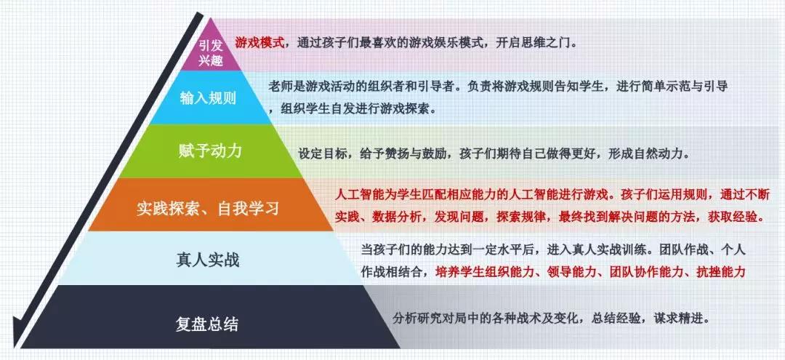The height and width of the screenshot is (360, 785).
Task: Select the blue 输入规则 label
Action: click(x=208, y=98)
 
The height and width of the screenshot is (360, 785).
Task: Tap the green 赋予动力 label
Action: click(x=210, y=151)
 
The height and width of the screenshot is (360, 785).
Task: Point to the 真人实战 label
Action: click(x=208, y=260)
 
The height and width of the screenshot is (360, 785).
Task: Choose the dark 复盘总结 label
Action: click(x=206, y=324)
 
